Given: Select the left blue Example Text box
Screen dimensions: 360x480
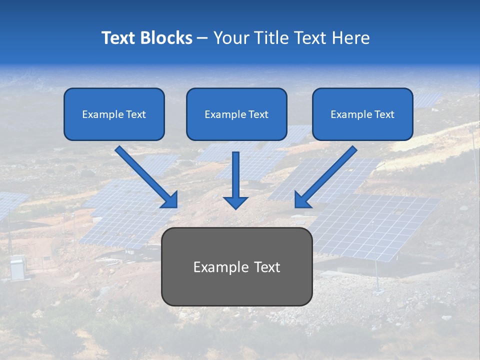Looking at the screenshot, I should (x=114, y=114).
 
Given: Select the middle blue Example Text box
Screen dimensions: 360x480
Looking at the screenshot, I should (x=236, y=114).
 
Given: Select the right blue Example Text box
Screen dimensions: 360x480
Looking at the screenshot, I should (x=362, y=114).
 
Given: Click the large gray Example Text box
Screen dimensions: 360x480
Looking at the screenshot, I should (x=236, y=266).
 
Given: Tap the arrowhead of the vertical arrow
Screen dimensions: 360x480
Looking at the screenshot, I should (x=235, y=202).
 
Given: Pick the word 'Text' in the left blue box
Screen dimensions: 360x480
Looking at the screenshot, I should (x=135, y=114).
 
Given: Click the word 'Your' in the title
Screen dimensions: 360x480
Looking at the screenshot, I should (x=228, y=38).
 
